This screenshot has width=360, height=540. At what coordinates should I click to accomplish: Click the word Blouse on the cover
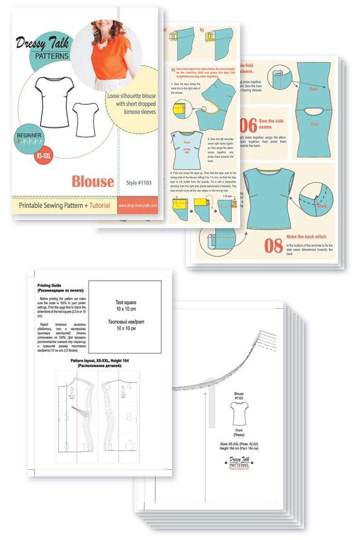92,181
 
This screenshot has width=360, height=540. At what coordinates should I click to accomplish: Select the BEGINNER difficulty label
30,135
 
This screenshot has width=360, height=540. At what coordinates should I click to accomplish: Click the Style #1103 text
139,183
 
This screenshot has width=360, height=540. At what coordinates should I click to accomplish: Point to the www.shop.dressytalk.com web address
138,205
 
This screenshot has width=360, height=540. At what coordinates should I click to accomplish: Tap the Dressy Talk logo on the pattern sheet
239,462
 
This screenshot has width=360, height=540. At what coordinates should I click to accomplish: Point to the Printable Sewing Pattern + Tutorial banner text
64,205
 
